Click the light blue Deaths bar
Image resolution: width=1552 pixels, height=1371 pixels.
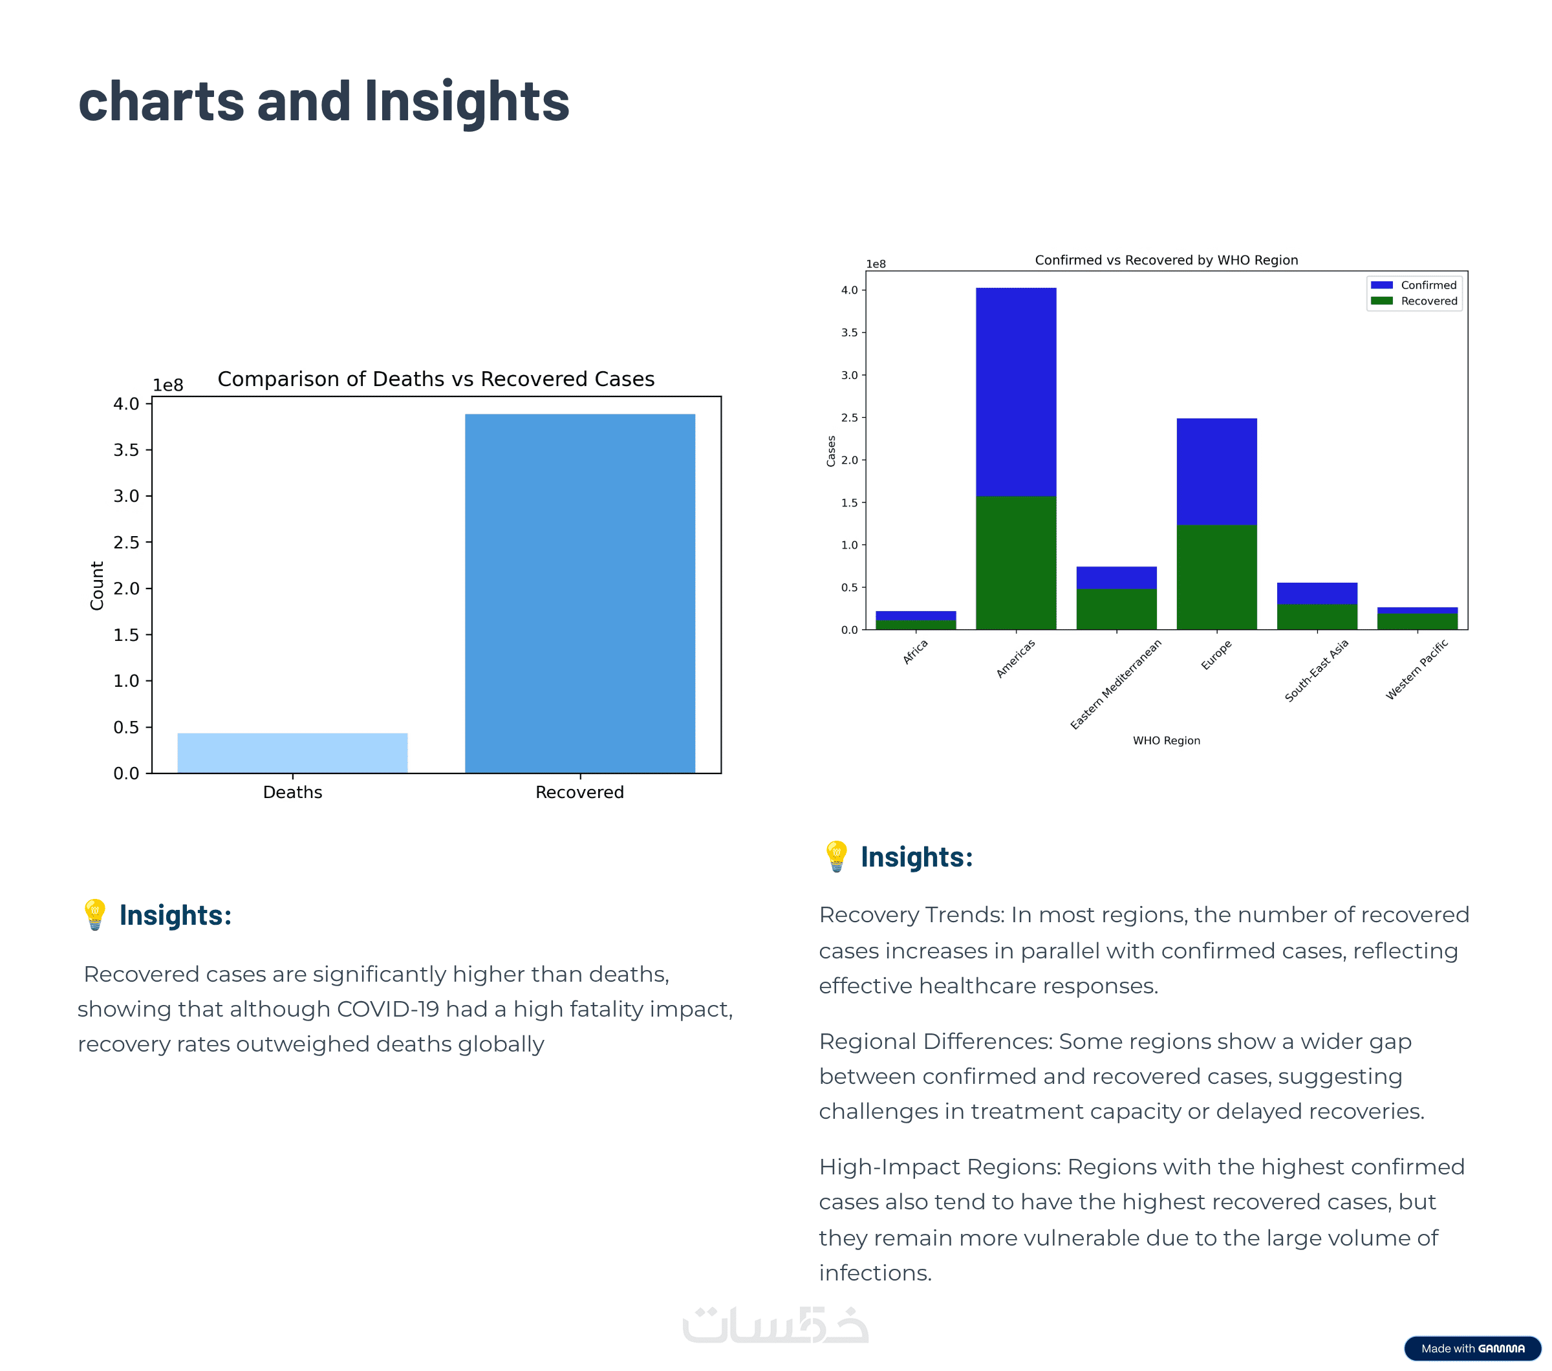point(292,753)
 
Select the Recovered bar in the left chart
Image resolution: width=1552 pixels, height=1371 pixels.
point(579,593)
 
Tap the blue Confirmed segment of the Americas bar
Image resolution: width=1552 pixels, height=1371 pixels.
point(1015,391)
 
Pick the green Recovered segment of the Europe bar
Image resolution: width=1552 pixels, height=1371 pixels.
point(1216,577)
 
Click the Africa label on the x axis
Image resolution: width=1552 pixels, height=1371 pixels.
point(915,651)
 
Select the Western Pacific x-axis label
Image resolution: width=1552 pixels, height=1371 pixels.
point(1416,669)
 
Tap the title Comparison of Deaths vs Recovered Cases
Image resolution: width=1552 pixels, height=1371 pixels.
point(436,379)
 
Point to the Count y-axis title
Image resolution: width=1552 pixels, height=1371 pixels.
point(96,585)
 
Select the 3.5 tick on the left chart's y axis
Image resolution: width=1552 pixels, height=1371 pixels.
point(126,450)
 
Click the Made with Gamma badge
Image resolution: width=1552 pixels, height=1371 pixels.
point(1472,1348)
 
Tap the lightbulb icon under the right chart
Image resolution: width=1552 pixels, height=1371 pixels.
point(836,856)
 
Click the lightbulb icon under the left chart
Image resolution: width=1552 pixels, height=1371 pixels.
point(95,915)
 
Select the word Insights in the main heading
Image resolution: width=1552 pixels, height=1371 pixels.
point(466,102)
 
